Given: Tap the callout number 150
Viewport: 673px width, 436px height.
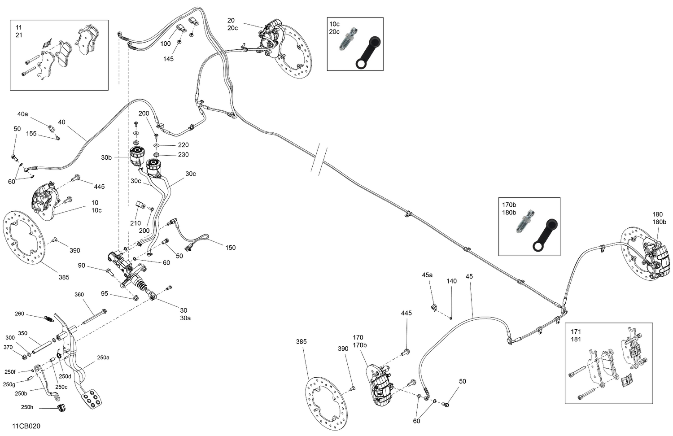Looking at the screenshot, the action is click(230, 248).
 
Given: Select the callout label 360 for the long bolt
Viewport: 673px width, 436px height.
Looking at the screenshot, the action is click(79, 295).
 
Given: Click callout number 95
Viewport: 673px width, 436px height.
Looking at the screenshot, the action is click(105, 294).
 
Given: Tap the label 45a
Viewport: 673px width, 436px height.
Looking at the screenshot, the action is click(427, 275).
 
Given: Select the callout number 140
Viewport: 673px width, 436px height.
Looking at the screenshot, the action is click(451, 281).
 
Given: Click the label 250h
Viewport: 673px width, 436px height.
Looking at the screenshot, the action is click(27, 407).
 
